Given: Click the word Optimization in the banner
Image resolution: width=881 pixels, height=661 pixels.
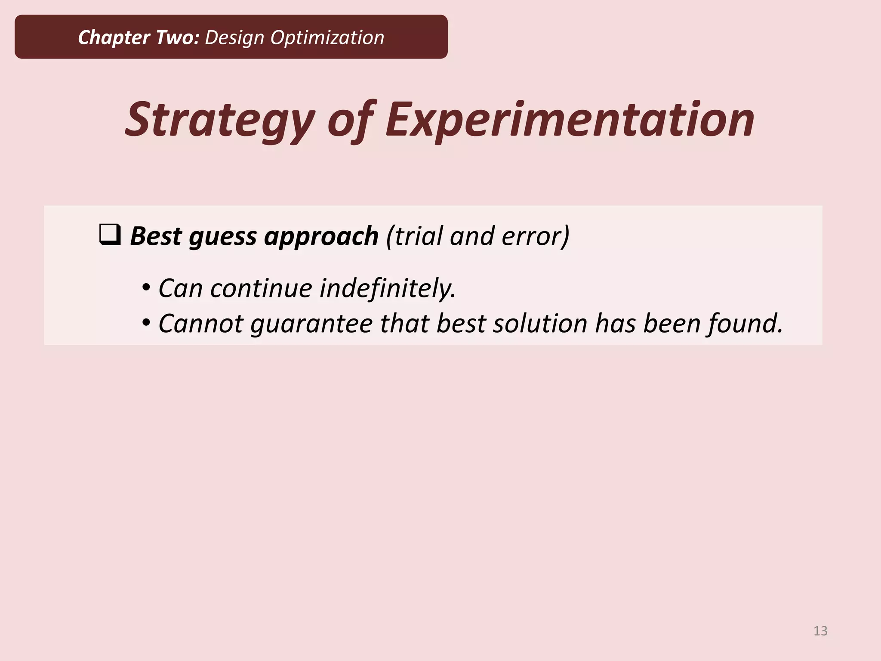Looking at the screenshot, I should pyautogui.click(x=327, y=37).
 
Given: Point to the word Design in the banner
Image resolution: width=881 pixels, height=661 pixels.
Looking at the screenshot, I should pyautogui.click(x=234, y=38).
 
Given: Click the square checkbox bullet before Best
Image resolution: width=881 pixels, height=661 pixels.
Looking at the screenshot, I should pyautogui.click(x=110, y=235).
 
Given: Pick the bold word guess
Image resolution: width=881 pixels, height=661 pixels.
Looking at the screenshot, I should pyautogui.click(x=222, y=237).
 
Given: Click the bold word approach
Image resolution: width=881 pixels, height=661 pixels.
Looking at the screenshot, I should pyautogui.click(x=321, y=237).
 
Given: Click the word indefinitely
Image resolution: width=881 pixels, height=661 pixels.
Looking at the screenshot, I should pyautogui.click(x=388, y=288).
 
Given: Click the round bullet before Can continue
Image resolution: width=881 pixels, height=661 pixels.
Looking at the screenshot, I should pyautogui.click(x=146, y=287).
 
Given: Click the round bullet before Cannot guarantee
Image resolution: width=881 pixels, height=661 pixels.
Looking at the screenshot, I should pyautogui.click(x=146, y=322).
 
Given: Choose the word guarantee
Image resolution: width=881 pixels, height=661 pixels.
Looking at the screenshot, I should pyautogui.click(x=311, y=324).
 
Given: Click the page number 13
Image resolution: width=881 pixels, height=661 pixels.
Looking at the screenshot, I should pyautogui.click(x=820, y=631).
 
